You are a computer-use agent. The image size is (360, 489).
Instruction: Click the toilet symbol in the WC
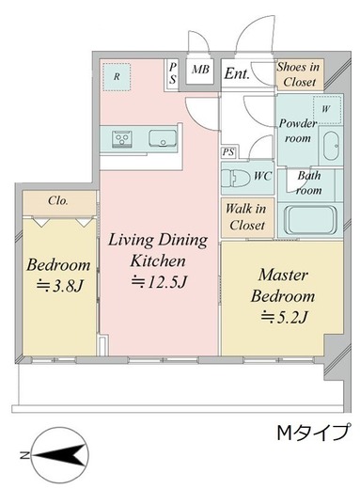coord(235,178)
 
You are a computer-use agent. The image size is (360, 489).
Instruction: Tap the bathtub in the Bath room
coord(310,220)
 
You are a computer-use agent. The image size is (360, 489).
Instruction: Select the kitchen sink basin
coord(163,138)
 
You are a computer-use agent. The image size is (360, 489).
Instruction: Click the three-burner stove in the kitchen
coord(122,138)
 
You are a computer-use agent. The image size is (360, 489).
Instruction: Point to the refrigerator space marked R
coord(117,77)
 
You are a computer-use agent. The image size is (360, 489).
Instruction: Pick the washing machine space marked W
coord(327,109)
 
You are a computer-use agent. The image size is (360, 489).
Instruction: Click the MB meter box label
coord(200,70)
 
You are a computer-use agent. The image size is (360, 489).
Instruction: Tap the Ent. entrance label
coord(237,74)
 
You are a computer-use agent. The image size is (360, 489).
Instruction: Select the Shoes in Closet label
coord(298,74)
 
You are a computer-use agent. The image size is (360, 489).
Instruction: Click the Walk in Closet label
coord(245,216)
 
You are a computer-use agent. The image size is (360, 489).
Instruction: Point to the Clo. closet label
coord(58,200)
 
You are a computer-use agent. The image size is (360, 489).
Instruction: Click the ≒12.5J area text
coord(159,282)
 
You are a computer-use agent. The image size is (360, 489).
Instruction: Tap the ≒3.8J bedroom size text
coord(59,286)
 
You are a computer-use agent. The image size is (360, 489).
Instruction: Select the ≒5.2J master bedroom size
coord(284,317)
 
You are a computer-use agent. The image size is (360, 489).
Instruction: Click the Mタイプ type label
coord(313,433)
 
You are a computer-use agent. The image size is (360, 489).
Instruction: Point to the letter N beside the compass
coord(24,455)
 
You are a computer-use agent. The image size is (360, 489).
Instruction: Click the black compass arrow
coord(59,455)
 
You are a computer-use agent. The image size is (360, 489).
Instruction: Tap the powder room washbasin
coord(330,146)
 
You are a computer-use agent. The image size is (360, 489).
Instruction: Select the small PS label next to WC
coord(228,152)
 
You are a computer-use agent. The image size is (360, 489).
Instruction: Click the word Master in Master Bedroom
coord(283,275)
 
